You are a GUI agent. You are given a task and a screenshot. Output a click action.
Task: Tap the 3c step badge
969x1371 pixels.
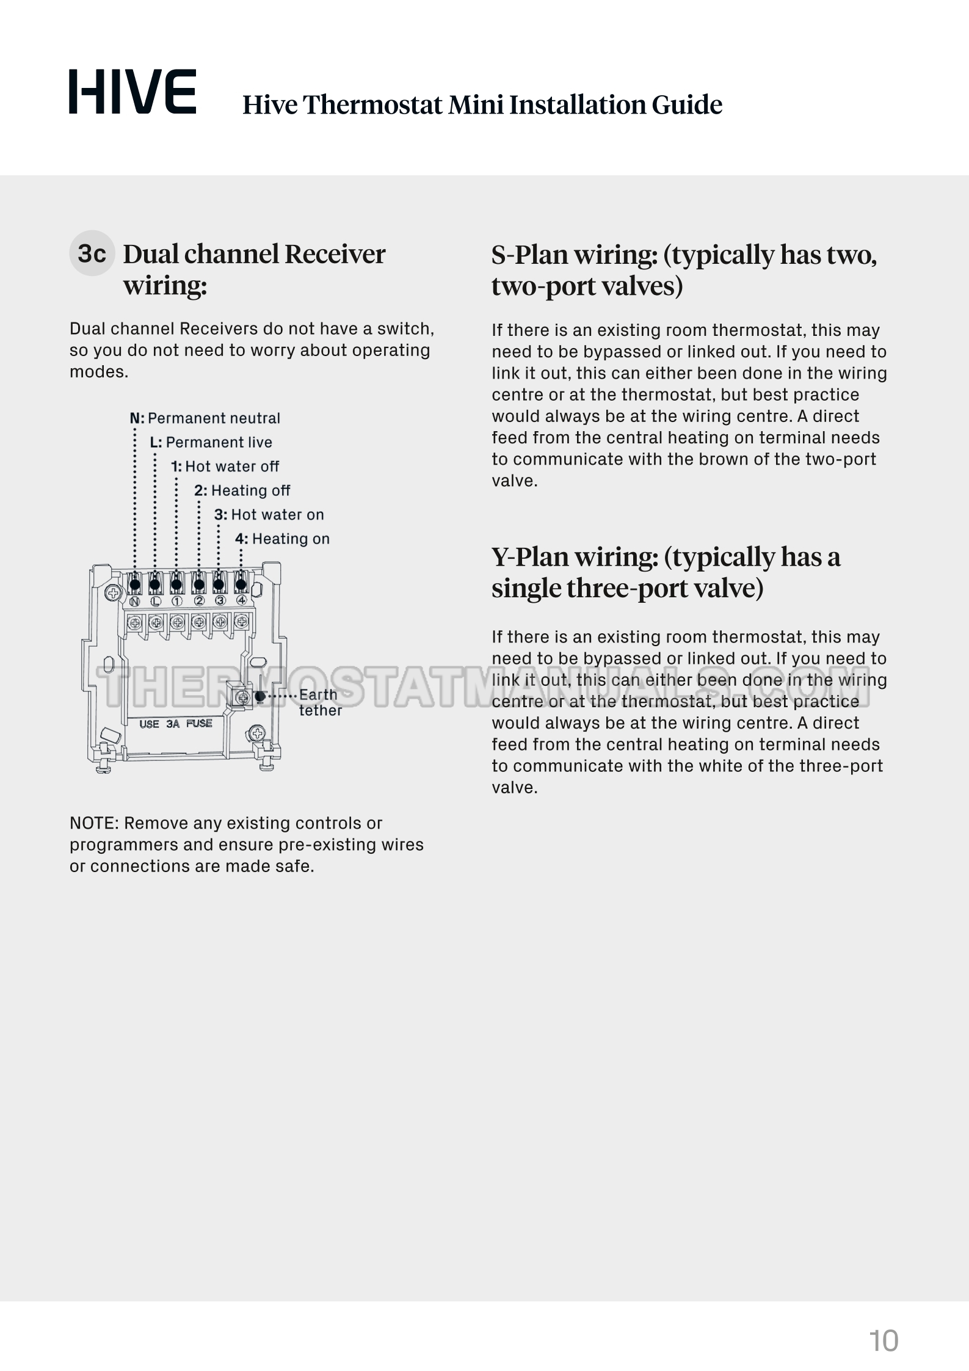pyautogui.click(x=92, y=253)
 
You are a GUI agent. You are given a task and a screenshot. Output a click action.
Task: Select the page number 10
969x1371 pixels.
pyautogui.click(x=884, y=1341)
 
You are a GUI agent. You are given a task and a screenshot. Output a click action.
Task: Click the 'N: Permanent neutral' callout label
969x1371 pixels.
pyautogui.click(x=205, y=418)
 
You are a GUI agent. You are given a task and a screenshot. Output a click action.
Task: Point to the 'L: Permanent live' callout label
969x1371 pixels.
pyautogui.click(x=211, y=442)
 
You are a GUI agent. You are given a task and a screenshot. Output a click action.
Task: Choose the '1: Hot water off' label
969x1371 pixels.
pyautogui.click(x=225, y=467)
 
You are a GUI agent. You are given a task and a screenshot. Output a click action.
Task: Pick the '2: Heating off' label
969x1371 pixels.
pyautogui.click(x=242, y=490)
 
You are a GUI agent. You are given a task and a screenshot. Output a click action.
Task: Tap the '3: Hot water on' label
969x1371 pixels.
pyautogui.click(x=269, y=515)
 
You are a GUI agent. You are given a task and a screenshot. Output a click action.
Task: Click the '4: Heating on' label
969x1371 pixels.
pyautogui.click(x=282, y=539)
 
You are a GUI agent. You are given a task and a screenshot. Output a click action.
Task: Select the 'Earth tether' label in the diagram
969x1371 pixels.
pyautogui.click(x=319, y=702)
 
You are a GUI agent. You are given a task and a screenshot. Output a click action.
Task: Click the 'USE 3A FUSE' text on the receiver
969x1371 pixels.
pyautogui.click(x=175, y=724)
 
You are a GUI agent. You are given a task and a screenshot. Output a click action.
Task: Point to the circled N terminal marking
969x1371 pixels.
pyautogui.click(x=135, y=601)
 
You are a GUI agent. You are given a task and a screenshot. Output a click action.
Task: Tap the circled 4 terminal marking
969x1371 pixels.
pyautogui.click(x=242, y=600)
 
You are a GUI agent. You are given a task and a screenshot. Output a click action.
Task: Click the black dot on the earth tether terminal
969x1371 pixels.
pyautogui.click(x=260, y=696)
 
